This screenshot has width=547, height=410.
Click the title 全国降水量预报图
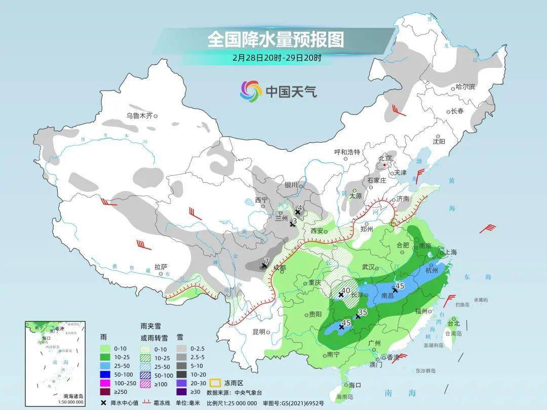click(x=275, y=39)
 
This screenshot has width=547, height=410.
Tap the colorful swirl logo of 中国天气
click(x=251, y=91)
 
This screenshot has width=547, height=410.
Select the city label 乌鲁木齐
click(x=139, y=115)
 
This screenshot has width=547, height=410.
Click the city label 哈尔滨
click(x=464, y=87)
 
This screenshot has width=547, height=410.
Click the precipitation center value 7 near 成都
click(x=267, y=261)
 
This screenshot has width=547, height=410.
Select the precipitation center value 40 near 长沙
click(x=345, y=291)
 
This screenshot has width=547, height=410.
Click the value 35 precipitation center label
click(x=362, y=312)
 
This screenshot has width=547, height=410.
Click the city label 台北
click(x=453, y=323)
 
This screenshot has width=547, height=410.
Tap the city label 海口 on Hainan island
click(x=355, y=385)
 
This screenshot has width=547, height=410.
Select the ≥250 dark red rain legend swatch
click(x=106, y=391)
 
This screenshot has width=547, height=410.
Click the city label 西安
click(x=316, y=231)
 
